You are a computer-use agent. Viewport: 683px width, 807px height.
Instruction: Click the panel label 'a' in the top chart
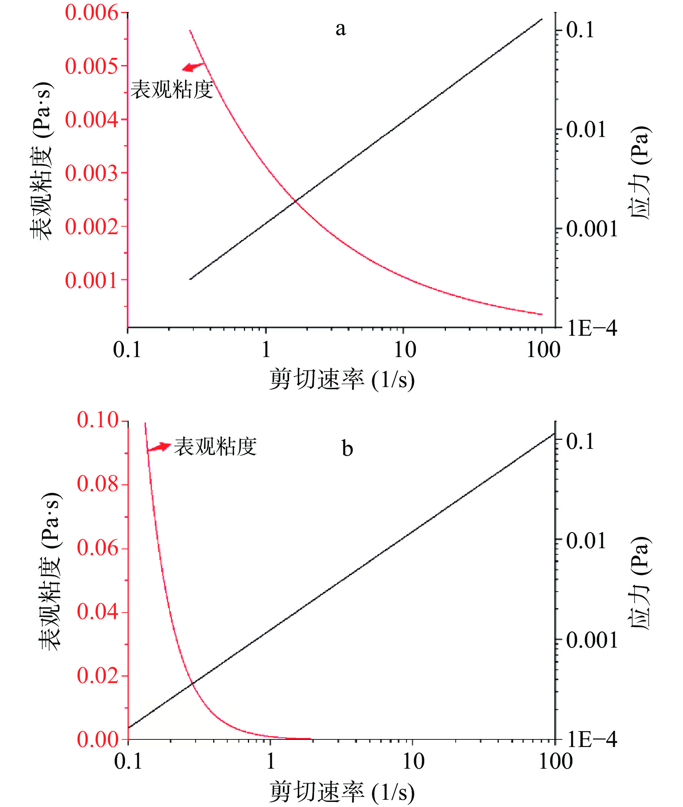[x=340, y=29]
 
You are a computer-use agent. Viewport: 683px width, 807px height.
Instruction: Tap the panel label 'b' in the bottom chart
[x=347, y=449]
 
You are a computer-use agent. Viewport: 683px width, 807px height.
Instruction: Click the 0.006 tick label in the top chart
[x=91, y=13]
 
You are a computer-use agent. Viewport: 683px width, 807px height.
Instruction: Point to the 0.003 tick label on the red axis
[x=91, y=173]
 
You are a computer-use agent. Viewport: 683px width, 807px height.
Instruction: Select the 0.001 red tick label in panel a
[x=91, y=280]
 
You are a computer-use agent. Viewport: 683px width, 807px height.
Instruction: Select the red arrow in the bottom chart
[x=159, y=447]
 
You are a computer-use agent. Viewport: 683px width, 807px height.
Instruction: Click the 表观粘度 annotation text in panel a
[x=172, y=90]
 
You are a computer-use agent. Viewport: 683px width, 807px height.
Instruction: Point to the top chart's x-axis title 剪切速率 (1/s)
[x=342, y=379]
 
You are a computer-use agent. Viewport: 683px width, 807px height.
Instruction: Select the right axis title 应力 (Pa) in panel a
[x=640, y=173]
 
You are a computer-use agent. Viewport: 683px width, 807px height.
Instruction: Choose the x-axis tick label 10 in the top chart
[x=405, y=350]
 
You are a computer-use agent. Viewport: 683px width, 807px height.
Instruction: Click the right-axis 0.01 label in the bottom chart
[x=586, y=541]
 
